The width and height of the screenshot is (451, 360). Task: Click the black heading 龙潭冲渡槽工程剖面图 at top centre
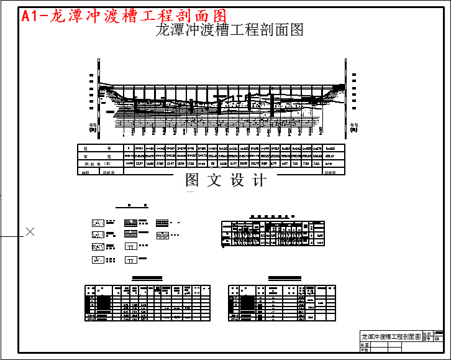229,29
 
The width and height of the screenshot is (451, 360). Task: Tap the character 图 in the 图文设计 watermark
193,181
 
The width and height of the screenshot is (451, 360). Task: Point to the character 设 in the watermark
238,181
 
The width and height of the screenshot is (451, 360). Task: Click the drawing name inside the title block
391,336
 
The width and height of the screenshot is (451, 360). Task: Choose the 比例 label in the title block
427,334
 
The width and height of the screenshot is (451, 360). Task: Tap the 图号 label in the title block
427,339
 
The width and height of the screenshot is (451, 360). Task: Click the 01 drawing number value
438,339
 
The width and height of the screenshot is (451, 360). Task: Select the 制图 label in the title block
365,344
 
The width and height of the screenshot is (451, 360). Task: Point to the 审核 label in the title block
365,350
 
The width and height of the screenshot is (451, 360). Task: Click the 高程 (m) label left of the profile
93,127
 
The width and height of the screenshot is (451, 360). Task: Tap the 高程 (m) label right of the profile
354,127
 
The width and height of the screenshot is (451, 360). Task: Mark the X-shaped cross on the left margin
30,232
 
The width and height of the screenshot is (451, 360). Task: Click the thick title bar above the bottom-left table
147,279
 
